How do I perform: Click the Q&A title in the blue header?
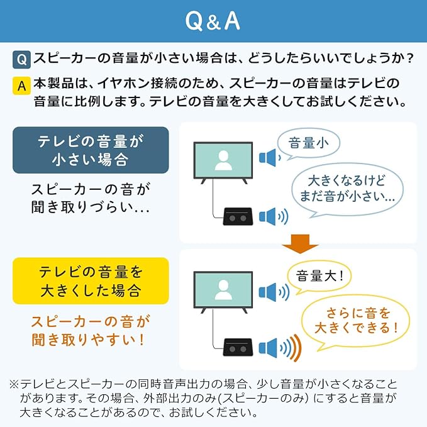pos(213,21)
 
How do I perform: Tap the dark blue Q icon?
pos(21,60)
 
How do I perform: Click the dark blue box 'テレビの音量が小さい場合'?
pos(91,150)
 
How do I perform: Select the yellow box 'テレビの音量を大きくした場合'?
pos(91,281)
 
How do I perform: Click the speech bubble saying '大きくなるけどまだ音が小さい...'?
pos(347,188)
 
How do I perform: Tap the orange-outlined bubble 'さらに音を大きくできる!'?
pos(354,319)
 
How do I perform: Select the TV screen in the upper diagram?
pos(223,161)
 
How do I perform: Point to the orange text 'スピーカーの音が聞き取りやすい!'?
pos(91,331)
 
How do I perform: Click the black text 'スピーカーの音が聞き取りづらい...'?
pos(91,198)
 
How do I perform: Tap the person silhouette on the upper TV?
pos(223,161)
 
